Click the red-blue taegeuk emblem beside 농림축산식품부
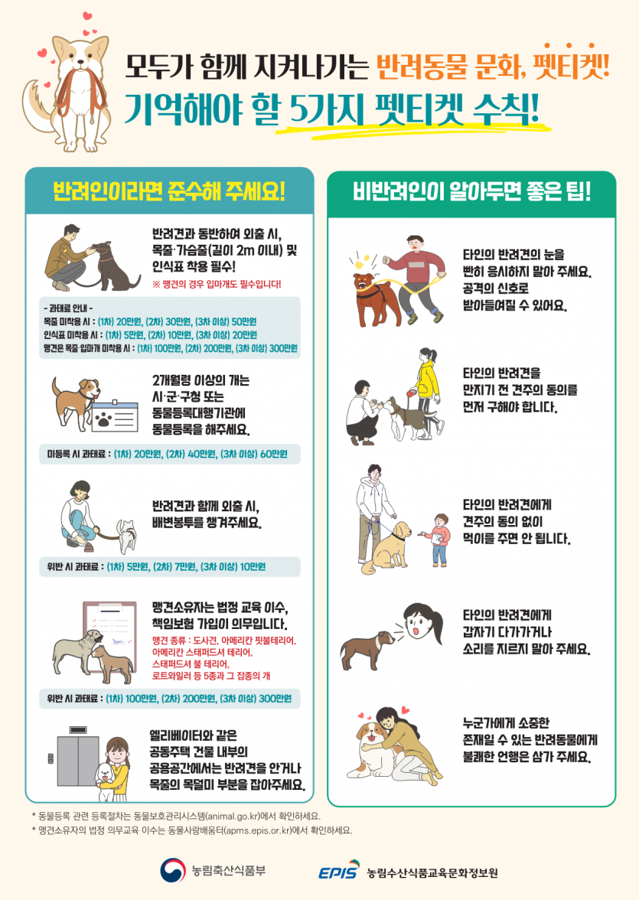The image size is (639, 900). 173,870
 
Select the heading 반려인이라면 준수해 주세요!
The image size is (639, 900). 169,191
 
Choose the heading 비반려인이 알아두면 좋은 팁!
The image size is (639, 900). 471,191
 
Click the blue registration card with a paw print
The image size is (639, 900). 115,416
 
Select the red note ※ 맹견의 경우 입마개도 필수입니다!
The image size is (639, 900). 217,284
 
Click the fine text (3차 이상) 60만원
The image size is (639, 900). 254,454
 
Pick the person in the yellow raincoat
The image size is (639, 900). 425,390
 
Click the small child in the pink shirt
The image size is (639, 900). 438,539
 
